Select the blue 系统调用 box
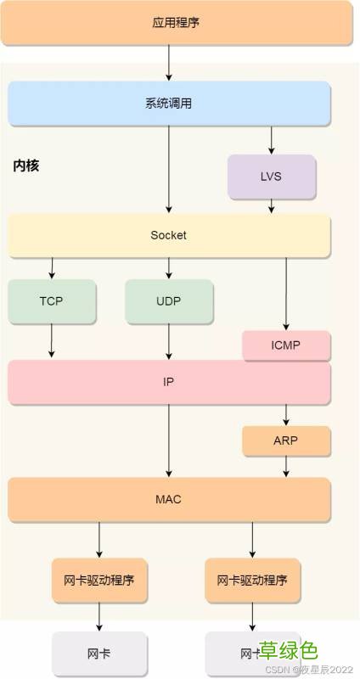point(169,104)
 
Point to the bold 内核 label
point(26,166)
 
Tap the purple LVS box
point(272,177)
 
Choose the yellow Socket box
point(169,235)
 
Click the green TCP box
point(51,301)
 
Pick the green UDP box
point(169,301)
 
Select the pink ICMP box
point(286,345)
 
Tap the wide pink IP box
point(169,382)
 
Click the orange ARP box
point(286,441)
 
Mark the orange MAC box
point(169,499)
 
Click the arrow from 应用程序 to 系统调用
point(169,63)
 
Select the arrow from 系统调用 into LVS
point(272,139)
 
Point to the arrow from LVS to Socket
point(272,205)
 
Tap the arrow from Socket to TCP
point(51,268)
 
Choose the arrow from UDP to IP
point(169,341)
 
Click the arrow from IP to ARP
point(286,415)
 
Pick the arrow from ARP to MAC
point(286,466)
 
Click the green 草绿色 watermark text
point(289,651)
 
